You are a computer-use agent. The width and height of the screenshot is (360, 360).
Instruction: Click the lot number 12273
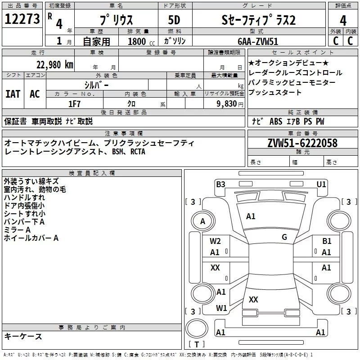[22, 19]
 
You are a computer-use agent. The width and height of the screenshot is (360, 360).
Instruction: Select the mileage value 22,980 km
[55, 65]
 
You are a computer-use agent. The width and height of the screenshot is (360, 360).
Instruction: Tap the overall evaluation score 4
[343, 21]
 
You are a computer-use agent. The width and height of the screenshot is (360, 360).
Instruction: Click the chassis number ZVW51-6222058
[302, 143]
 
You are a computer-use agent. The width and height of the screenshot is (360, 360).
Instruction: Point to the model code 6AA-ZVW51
[258, 41]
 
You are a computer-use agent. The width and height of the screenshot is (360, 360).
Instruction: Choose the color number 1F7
[74, 104]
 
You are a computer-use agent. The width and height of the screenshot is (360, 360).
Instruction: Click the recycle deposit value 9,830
[227, 104]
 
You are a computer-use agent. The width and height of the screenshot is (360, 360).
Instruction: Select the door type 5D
[174, 20]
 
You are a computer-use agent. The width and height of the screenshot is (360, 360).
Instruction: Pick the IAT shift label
[13, 94]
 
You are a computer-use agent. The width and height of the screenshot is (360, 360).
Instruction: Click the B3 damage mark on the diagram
[220, 184]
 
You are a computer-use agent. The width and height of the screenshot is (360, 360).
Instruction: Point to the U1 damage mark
[321, 184]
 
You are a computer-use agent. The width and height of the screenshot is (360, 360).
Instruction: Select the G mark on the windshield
[284, 237]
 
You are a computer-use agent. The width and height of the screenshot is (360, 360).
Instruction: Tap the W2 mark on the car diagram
[215, 241]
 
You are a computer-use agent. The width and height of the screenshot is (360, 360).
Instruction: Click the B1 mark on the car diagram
[327, 241]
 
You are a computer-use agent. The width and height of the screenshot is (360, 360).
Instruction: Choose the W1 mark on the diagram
[221, 308]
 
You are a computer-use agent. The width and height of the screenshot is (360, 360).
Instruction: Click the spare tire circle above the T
[197, 328]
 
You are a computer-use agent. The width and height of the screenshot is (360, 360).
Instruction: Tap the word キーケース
[23, 337]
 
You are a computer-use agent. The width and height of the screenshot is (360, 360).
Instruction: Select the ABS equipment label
[276, 121]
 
